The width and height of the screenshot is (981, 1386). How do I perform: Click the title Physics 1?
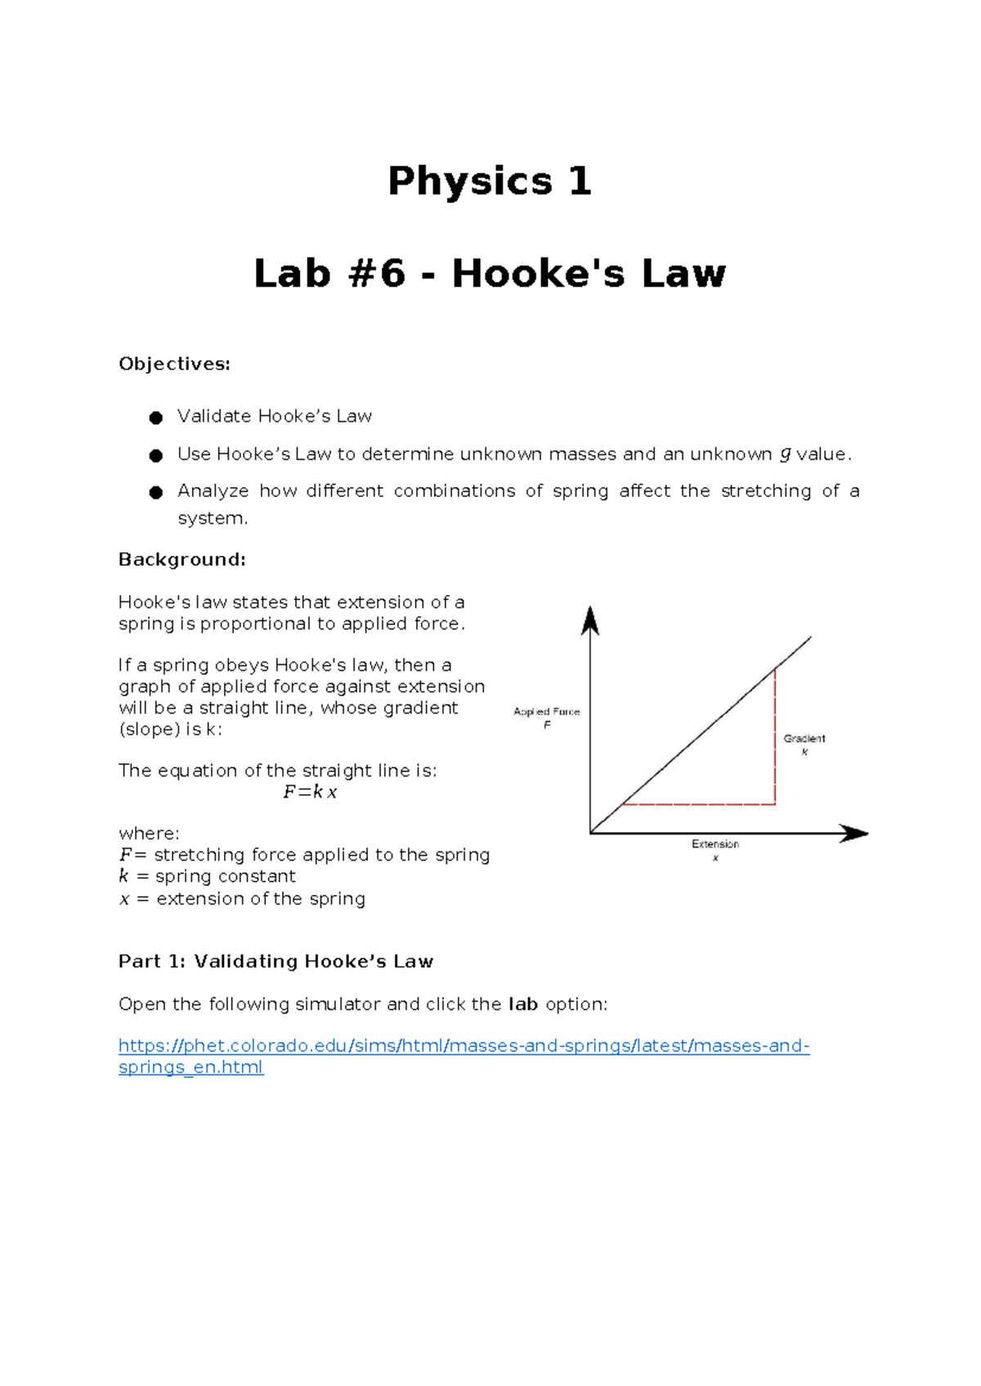coord(489,181)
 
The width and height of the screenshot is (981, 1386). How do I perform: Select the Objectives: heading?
coord(174,364)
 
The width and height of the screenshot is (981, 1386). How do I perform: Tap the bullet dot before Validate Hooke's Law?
coord(155,418)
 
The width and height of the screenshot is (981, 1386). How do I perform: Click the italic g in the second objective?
coord(785,454)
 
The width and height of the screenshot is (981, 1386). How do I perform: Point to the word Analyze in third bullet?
coord(213,491)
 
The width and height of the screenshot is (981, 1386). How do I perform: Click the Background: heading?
coord(181,560)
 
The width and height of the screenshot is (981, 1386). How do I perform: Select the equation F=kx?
coord(310,792)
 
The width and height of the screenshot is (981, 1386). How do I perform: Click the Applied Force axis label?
coord(546,712)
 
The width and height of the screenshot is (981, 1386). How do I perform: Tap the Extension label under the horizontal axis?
coord(715,844)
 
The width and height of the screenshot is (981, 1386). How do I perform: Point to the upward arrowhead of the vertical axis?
coord(590,621)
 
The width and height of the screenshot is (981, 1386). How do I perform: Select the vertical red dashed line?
coord(775,735)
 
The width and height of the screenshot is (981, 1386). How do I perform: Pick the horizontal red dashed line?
coord(699,804)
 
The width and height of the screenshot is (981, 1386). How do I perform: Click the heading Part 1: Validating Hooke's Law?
coord(275,962)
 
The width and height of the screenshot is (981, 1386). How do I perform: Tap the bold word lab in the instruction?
coord(522,1004)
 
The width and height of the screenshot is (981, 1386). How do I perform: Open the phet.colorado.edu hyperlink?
coord(464,1046)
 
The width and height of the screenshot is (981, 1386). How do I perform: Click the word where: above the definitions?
coord(149,834)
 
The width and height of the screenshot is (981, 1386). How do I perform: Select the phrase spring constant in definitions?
coord(225,876)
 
